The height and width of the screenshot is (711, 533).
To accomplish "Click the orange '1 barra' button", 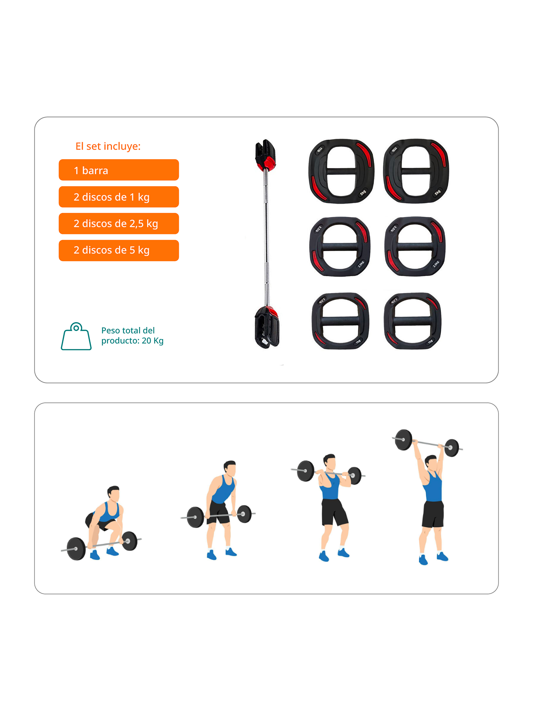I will pos(119,170).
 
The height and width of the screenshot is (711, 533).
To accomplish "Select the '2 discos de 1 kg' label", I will pos(119,197).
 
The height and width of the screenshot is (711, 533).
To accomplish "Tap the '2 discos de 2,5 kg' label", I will pos(119,223).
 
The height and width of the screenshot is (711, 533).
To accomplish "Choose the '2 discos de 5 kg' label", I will pos(119,250).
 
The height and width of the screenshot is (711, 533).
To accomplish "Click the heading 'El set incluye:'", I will pos(108,146).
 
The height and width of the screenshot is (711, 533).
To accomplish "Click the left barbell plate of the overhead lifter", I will pos(404,440).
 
